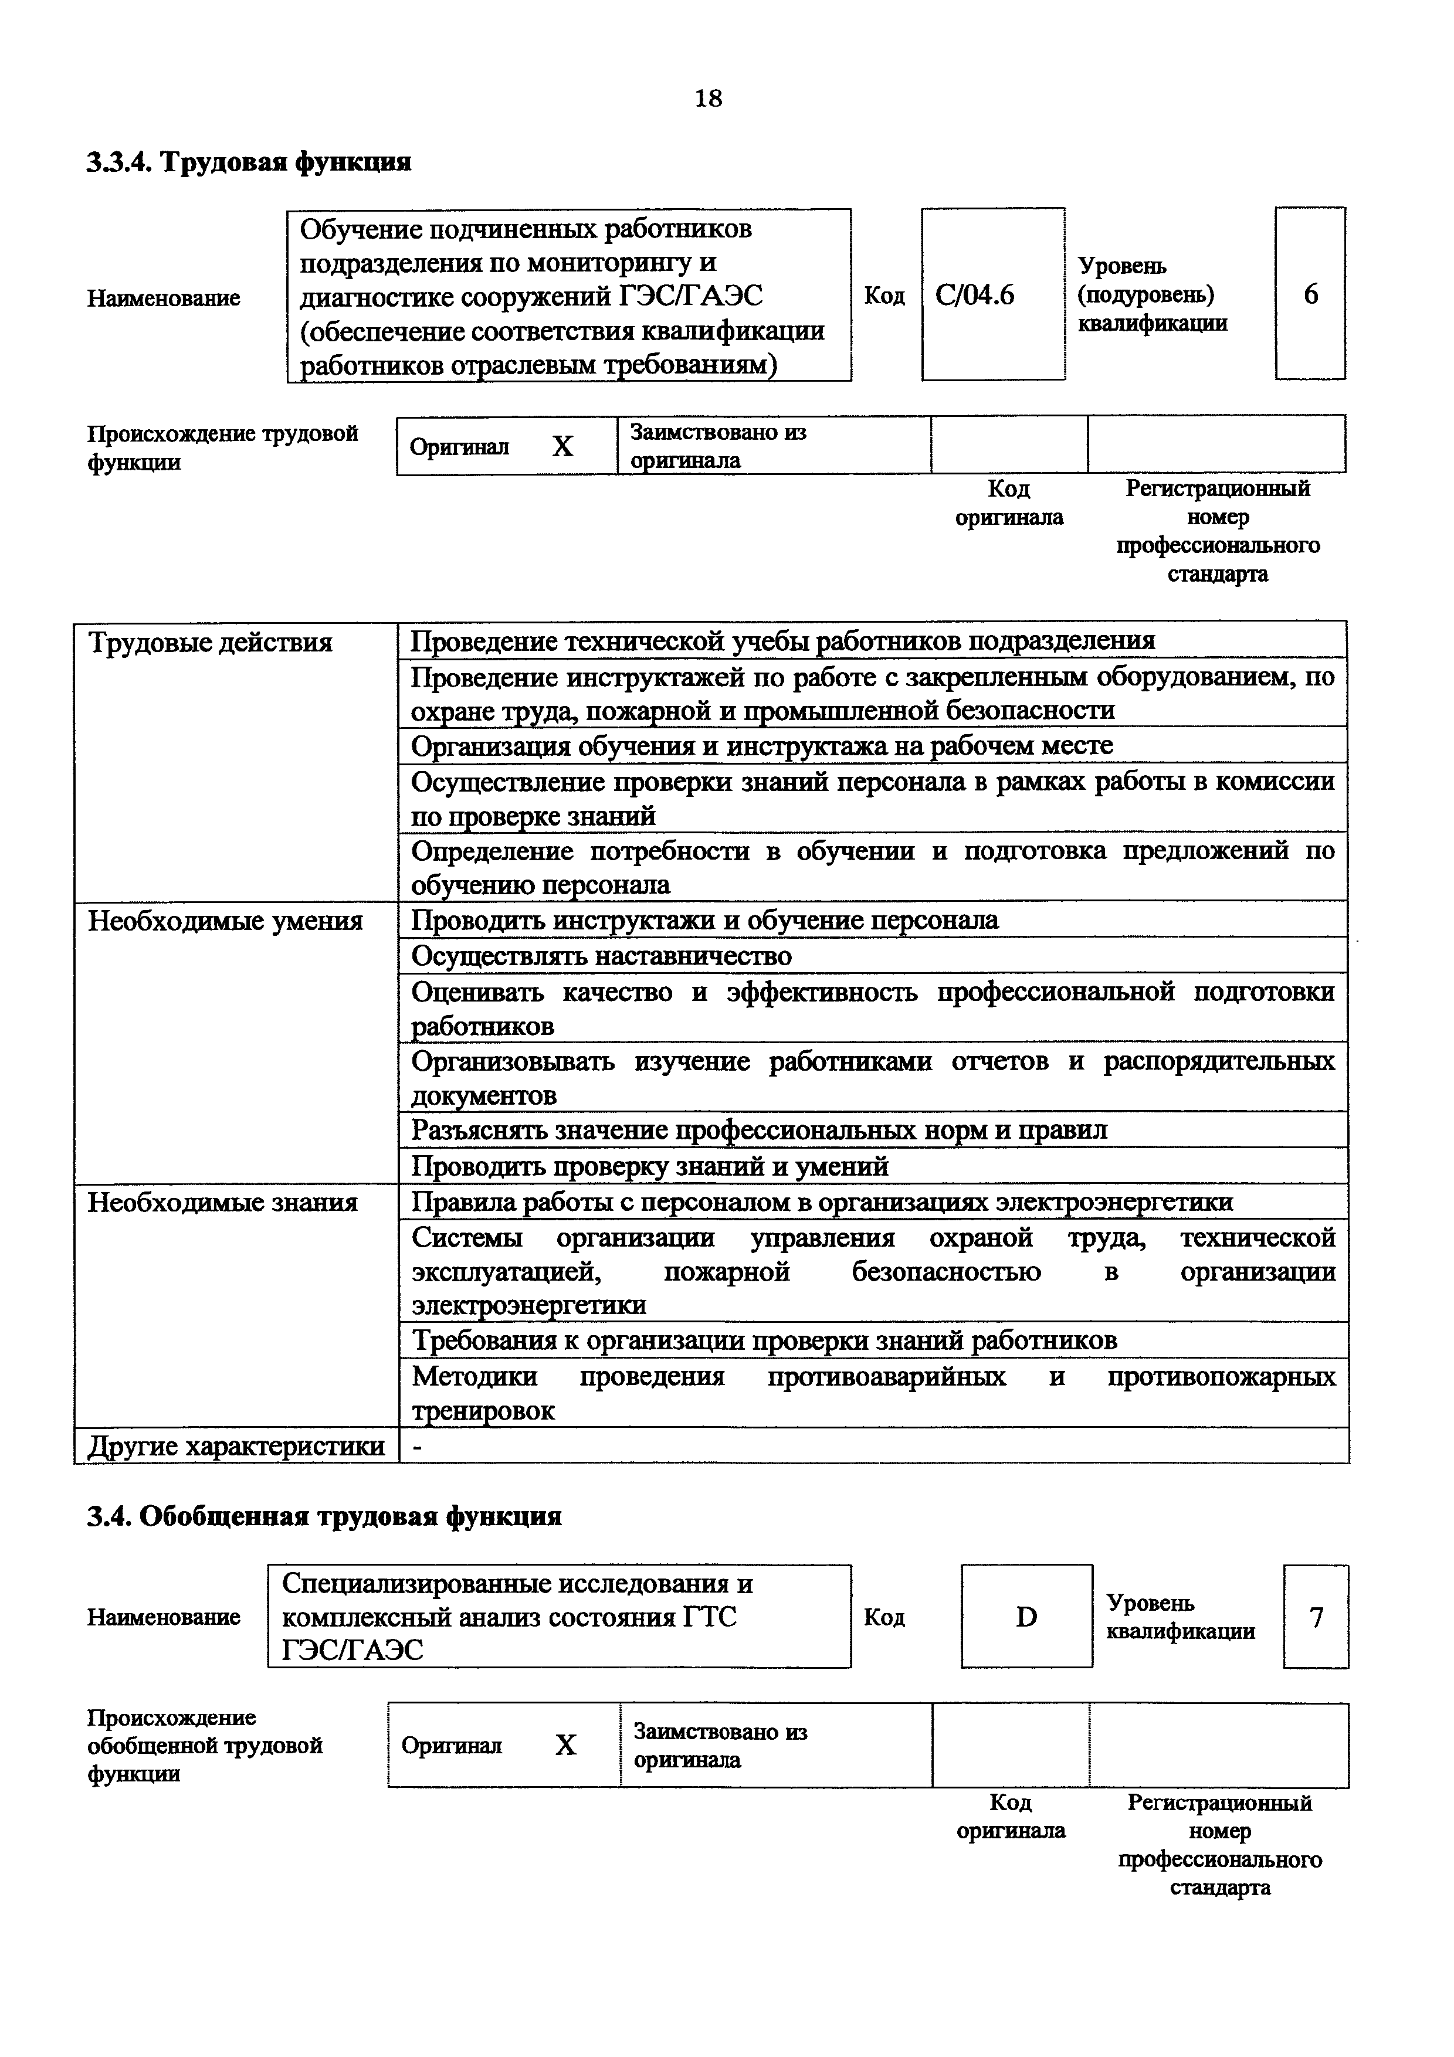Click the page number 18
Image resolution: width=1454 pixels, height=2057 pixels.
(708, 99)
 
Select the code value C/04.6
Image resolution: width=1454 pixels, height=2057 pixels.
(975, 295)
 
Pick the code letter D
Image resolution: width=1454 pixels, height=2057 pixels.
(1026, 1617)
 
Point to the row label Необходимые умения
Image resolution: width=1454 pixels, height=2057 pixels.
(225, 921)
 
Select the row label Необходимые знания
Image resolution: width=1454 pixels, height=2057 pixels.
(222, 1202)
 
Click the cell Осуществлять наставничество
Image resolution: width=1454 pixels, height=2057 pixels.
(601, 956)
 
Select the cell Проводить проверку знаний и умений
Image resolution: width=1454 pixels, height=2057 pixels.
(649, 1166)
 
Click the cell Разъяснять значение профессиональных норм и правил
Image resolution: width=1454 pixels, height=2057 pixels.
(759, 1131)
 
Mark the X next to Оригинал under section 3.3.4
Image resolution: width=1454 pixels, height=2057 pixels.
(562, 446)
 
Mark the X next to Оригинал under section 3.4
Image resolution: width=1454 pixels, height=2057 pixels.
(565, 1745)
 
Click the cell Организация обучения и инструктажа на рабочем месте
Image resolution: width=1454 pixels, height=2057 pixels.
(761, 745)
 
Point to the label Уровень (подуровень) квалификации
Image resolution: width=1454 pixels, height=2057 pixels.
(1152, 295)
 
